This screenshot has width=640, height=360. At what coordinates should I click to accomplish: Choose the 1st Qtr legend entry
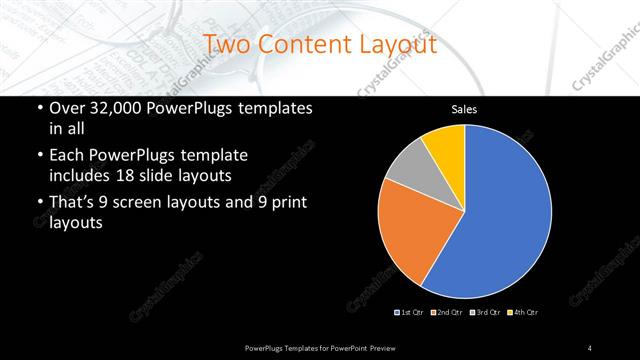coord(410,312)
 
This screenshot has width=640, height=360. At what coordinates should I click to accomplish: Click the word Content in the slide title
coord(300,45)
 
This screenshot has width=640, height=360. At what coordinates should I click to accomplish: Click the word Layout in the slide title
coord(393,45)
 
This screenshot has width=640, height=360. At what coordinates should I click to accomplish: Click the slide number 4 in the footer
coord(590,347)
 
